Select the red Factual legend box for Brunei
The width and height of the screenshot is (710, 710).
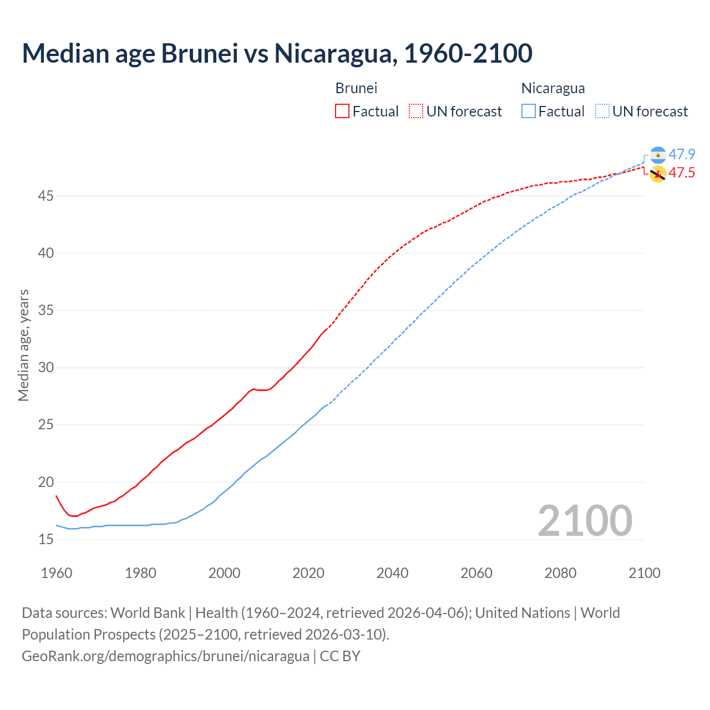point(342,111)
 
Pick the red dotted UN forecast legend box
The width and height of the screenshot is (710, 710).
point(416,111)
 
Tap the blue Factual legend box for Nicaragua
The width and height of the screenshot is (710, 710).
point(529,111)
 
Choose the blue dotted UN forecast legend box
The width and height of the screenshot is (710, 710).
point(602,111)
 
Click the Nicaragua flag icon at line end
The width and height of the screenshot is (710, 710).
point(658,155)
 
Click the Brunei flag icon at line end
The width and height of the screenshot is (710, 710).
point(658,174)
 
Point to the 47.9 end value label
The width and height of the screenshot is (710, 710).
point(682,154)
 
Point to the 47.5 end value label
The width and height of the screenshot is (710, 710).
point(682,173)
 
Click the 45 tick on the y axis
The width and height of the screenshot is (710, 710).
point(46,196)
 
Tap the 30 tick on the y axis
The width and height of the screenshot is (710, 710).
point(46,368)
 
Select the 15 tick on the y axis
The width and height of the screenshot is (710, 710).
point(46,539)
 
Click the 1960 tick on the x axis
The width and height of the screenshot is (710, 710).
point(57,573)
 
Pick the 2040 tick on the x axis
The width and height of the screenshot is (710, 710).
point(392,573)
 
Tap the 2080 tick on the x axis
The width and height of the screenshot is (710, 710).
point(560,573)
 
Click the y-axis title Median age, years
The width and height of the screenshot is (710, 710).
point(23,345)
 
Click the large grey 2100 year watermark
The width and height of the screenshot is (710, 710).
point(585,521)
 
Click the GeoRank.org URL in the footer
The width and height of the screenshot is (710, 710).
point(165,656)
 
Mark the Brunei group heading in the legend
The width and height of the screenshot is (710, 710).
point(356,88)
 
